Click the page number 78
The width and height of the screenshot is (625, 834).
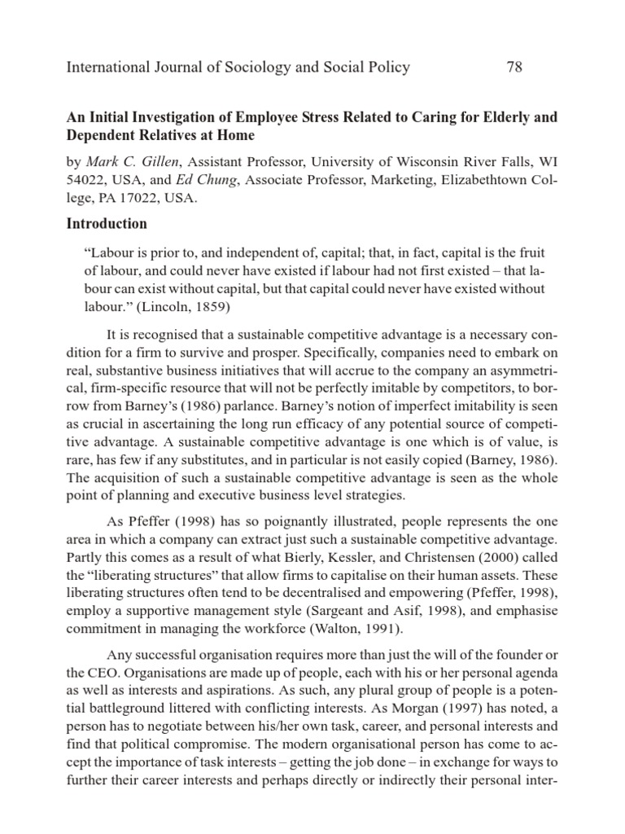pos(514,67)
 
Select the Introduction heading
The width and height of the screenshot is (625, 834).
pos(107,223)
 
